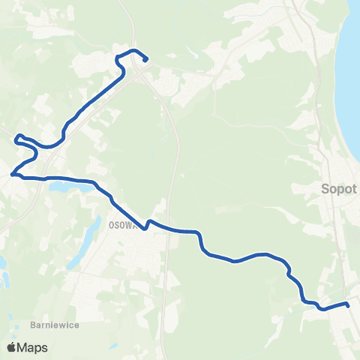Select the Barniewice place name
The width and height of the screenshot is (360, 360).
[x=55, y=325]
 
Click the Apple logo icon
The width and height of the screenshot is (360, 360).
[x=11, y=347]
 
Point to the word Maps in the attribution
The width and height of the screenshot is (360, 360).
[x=33, y=347]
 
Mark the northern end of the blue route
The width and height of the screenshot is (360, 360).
[x=145, y=59]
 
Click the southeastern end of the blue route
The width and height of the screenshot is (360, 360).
[x=348, y=304]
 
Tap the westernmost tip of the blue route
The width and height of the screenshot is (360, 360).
[x=12, y=175]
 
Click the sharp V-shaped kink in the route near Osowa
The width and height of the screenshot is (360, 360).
[x=148, y=222]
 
